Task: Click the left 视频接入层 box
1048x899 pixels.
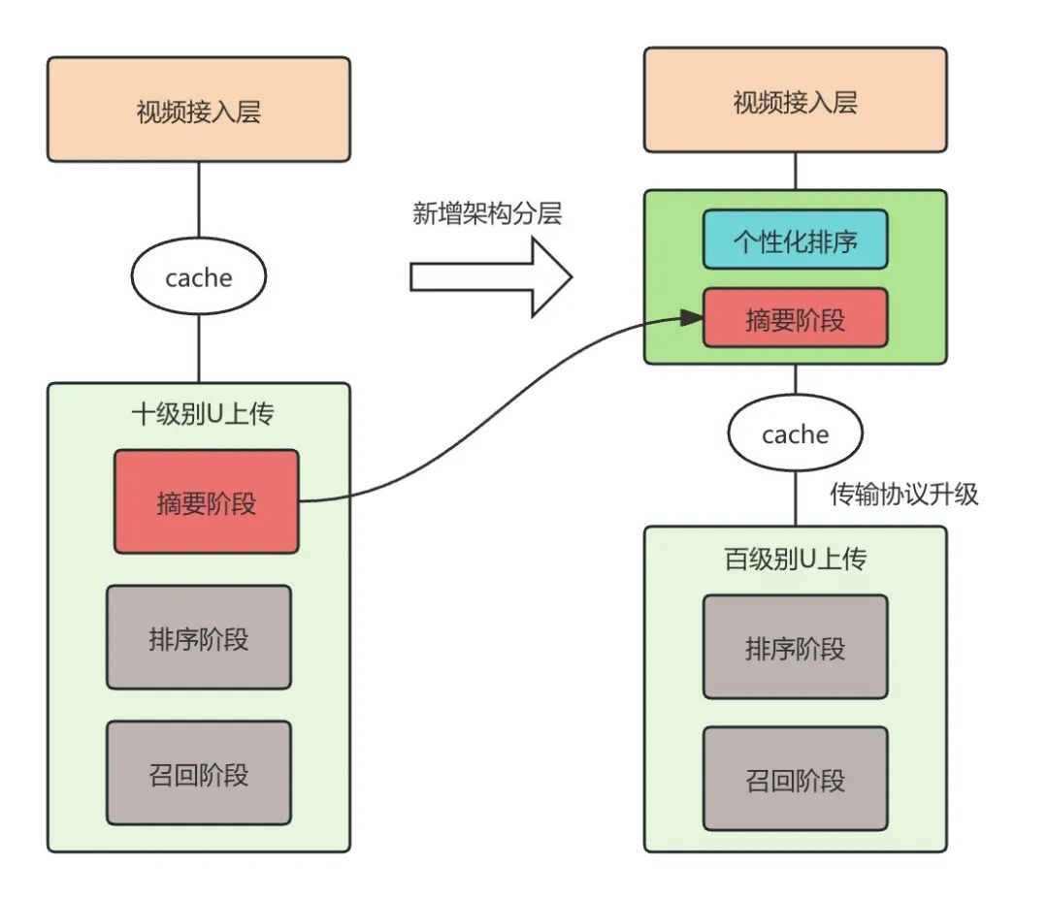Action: [x=198, y=110]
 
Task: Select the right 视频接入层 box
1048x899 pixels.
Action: [x=795, y=101]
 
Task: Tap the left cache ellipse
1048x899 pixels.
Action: [x=198, y=277]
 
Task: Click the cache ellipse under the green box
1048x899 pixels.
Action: [x=795, y=433]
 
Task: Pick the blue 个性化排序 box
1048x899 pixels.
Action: [x=795, y=240]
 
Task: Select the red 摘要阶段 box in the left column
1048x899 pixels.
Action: [x=206, y=501]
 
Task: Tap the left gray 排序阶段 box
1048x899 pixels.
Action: [x=198, y=637]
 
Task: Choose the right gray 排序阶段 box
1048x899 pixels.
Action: [x=795, y=647]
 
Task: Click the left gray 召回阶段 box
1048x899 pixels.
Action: [x=198, y=773]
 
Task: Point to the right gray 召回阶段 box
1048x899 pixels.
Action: [x=795, y=779]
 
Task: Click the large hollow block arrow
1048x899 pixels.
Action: [x=490, y=277]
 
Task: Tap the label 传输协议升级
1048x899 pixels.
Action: [x=903, y=494]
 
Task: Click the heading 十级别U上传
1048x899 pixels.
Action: [x=202, y=415]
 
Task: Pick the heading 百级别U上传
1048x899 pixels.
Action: [x=795, y=559]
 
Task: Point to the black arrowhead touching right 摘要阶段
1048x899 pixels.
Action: [x=692, y=317]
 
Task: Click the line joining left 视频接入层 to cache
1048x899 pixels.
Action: [x=198, y=202]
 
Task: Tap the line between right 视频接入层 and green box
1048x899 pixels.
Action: [x=795, y=171]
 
